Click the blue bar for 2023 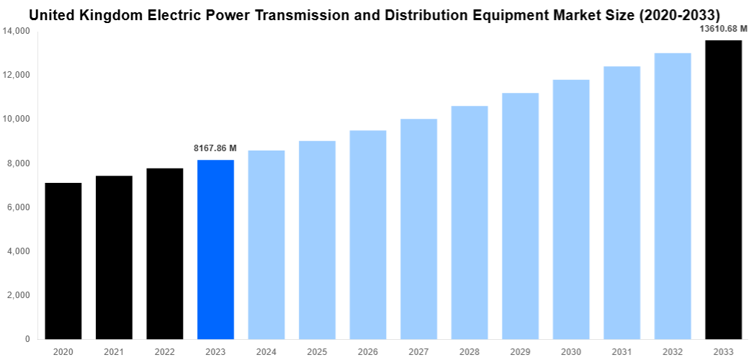(x=215, y=249)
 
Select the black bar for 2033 (x=723, y=189)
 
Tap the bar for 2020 (x=63, y=261)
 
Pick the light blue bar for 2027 (x=418, y=229)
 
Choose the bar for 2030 (x=571, y=209)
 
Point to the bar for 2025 (x=317, y=240)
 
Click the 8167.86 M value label (x=215, y=148)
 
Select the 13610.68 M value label (x=723, y=29)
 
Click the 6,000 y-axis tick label (x=18, y=207)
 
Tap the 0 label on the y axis (x=27, y=339)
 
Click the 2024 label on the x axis (x=266, y=351)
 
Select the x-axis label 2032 (x=672, y=351)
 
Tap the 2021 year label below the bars (x=114, y=351)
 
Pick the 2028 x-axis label (x=469, y=351)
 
